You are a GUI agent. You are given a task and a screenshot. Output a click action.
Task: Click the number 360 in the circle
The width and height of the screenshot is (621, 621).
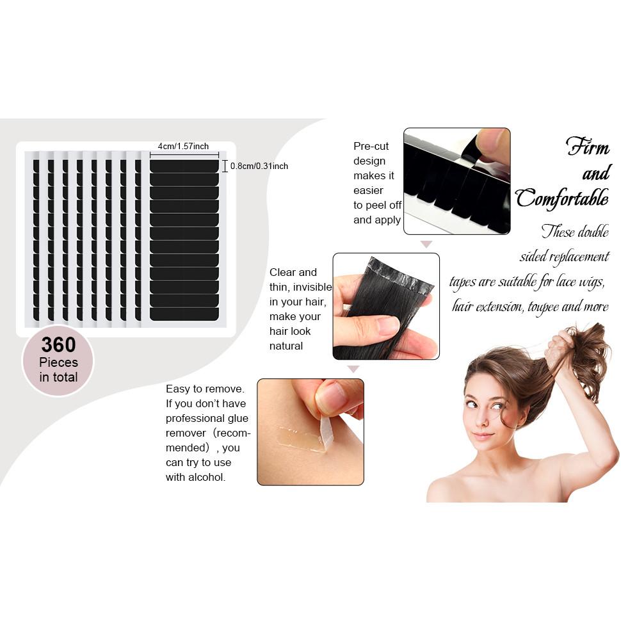58,345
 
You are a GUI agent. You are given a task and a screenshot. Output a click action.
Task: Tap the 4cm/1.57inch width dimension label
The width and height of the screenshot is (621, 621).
183,147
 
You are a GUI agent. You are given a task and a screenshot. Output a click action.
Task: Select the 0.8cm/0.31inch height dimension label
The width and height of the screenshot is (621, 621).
259,166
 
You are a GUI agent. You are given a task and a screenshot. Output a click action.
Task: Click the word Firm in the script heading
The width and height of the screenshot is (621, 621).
587,147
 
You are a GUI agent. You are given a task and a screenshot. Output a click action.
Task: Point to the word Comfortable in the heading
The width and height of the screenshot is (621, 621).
561,198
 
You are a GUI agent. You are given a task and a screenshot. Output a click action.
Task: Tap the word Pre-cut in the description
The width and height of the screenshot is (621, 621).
371,146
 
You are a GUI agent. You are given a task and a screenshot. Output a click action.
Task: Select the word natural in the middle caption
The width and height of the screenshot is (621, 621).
286,346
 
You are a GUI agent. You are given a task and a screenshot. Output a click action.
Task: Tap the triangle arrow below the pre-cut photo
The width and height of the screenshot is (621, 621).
426,244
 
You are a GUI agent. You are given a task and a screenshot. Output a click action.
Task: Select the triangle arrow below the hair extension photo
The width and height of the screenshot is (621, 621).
353,369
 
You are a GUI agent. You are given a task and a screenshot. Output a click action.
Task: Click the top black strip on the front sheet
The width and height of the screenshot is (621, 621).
184,166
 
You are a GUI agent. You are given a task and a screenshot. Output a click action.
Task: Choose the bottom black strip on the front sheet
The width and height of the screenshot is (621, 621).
184,314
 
